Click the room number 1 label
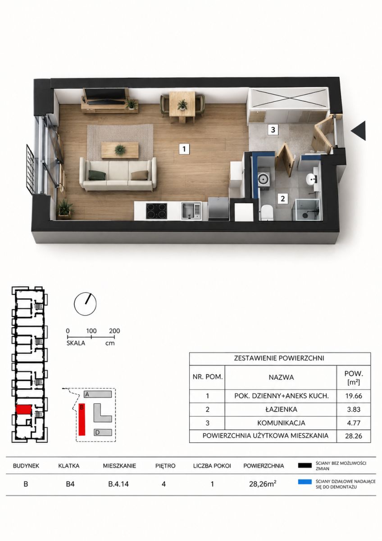[x=184, y=149]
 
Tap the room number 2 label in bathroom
[x=282, y=198]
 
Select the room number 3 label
[x=273, y=130]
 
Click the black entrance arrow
[x=359, y=130]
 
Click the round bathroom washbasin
[x=312, y=179]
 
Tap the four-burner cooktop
[x=156, y=211]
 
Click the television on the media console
[x=106, y=95]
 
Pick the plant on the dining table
[x=182, y=105]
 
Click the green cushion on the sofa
[x=97, y=175]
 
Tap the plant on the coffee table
[x=120, y=150]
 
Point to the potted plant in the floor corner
[x=65, y=208]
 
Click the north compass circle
[x=85, y=304]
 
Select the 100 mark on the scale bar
[x=91, y=330]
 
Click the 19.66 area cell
[x=354, y=396]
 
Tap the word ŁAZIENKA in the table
[x=281, y=409]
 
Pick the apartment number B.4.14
[x=118, y=484]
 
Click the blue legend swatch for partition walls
[x=305, y=481]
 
